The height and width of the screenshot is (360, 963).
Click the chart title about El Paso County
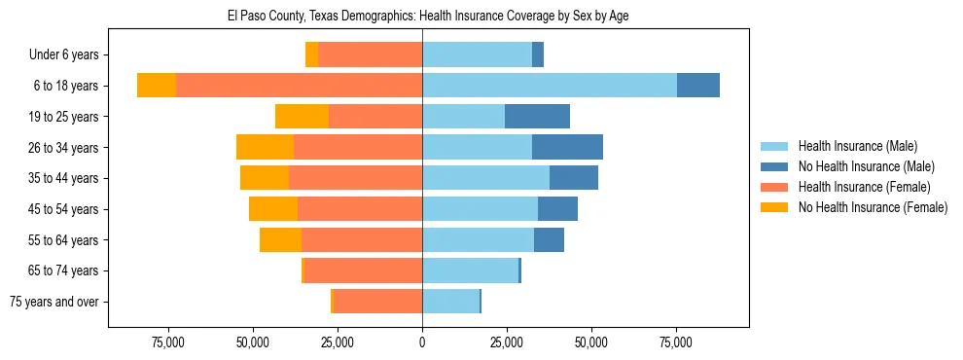[421, 17]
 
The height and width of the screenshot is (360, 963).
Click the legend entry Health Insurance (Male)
[857, 146]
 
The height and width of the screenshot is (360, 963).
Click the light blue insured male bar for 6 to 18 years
[550, 86]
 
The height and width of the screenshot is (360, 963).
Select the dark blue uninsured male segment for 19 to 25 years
[537, 117]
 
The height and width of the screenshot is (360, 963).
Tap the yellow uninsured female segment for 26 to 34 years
[265, 147]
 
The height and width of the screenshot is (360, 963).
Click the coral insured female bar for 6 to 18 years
[299, 86]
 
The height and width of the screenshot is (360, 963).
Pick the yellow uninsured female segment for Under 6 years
[311, 54]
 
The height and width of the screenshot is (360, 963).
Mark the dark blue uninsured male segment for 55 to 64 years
[549, 239]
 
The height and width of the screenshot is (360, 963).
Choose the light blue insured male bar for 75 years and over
[450, 302]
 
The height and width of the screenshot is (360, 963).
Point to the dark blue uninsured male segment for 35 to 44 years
[574, 178]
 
